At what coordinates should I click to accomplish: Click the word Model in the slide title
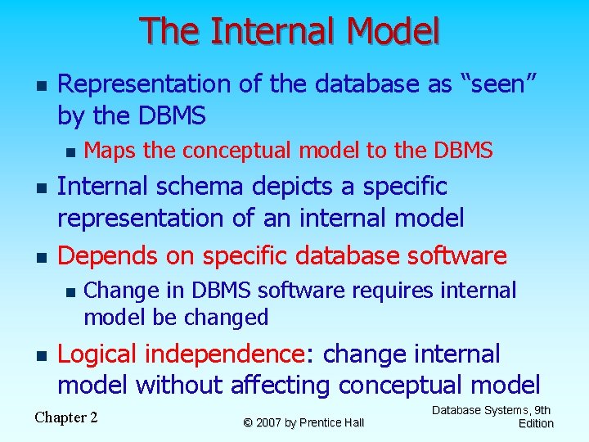point(393,31)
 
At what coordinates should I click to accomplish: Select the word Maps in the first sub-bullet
point(108,151)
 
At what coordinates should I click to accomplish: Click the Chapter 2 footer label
point(66,417)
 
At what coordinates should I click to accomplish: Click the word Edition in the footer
point(536,423)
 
